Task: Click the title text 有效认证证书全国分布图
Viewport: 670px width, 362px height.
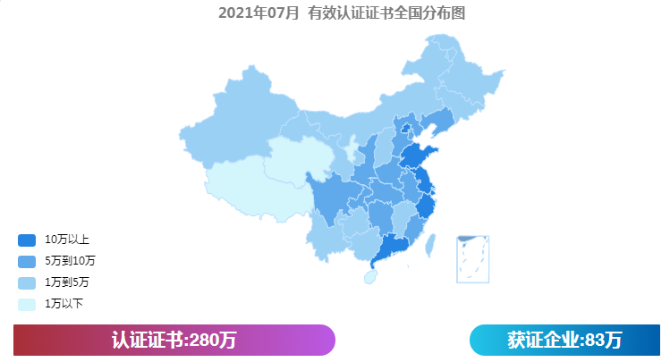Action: coord(386,13)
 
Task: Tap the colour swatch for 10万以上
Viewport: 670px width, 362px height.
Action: coord(27,240)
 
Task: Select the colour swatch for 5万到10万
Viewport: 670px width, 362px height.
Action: coord(27,261)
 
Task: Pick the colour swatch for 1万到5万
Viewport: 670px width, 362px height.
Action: coord(27,282)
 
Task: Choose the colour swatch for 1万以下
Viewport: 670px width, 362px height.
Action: coord(27,304)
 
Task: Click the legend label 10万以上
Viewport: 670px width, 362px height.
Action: coord(66,240)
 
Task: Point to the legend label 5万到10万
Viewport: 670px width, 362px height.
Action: coord(70,261)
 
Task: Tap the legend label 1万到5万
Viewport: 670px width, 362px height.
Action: coord(66,282)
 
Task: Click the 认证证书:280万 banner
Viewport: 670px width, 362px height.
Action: coord(174,341)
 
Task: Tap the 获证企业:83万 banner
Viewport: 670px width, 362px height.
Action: coord(564,341)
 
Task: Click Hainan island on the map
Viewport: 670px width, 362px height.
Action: coord(370,277)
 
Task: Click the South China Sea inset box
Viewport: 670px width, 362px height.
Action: coord(472,258)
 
